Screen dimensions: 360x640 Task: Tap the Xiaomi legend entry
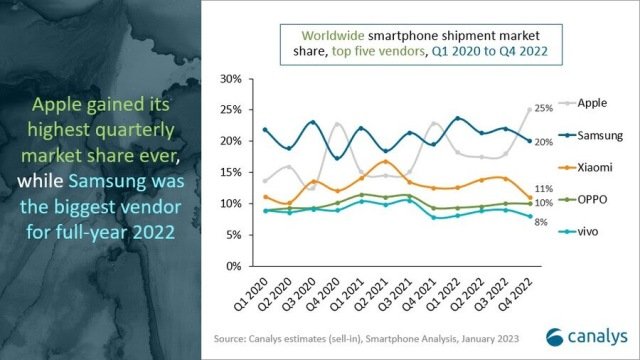(x=594, y=169)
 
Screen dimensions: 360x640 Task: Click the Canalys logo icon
(x=555, y=337)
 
